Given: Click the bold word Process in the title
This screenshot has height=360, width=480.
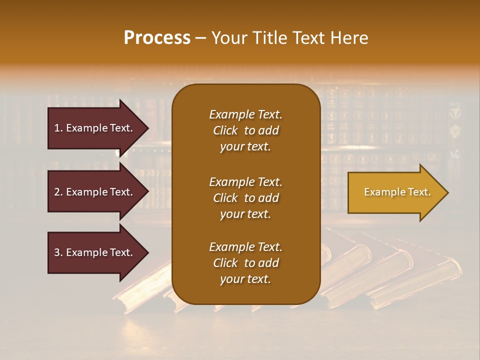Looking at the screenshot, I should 157,38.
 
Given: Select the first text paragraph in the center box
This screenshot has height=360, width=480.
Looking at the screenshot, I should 245,130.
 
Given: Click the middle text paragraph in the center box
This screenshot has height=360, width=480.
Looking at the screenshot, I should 245,198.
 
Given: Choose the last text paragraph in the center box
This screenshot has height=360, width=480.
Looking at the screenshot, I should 245,263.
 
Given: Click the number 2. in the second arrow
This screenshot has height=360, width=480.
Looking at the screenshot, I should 58,192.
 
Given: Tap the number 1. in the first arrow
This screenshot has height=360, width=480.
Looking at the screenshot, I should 58,128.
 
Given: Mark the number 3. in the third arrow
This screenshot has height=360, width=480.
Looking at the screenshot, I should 58,252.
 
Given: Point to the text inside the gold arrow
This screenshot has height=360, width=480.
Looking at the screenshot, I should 397,192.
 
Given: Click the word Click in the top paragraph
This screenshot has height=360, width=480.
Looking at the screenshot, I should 225,130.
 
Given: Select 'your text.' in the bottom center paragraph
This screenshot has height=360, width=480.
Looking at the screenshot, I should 245,279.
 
